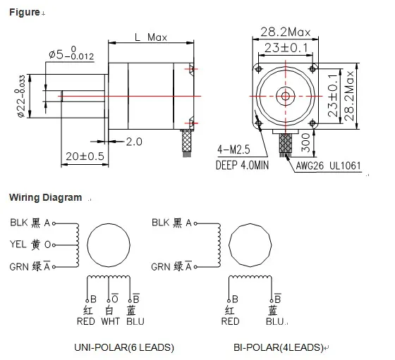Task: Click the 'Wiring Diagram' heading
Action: coord(45,198)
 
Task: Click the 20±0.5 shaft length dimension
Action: coord(84,155)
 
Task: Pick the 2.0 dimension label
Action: coord(133,141)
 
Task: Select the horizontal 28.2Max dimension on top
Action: coord(286,32)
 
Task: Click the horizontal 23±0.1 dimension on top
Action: coord(286,49)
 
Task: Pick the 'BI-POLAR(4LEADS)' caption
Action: coord(279,347)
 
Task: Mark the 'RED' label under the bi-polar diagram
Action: coord(230,322)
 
